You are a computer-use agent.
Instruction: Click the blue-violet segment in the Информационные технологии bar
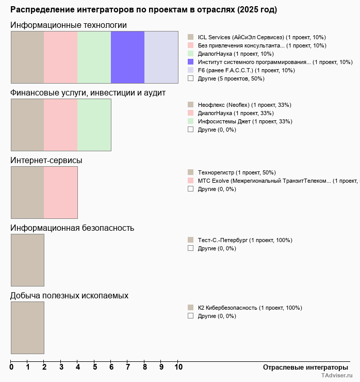(x=127, y=57)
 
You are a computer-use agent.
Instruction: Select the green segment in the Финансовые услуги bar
(x=94, y=124)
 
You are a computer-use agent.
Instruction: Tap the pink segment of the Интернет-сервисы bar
(x=60, y=192)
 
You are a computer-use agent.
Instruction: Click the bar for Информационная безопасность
(x=27, y=260)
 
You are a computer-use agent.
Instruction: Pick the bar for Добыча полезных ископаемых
(x=27, y=327)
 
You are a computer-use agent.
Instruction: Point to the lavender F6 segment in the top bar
(x=161, y=57)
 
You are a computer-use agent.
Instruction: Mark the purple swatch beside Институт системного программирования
(x=190, y=62)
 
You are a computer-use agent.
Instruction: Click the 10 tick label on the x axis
(x=178, y=367)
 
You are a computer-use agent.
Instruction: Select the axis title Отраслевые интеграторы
(x=302, y=367)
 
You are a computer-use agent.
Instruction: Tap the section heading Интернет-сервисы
(x=46, y=160)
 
